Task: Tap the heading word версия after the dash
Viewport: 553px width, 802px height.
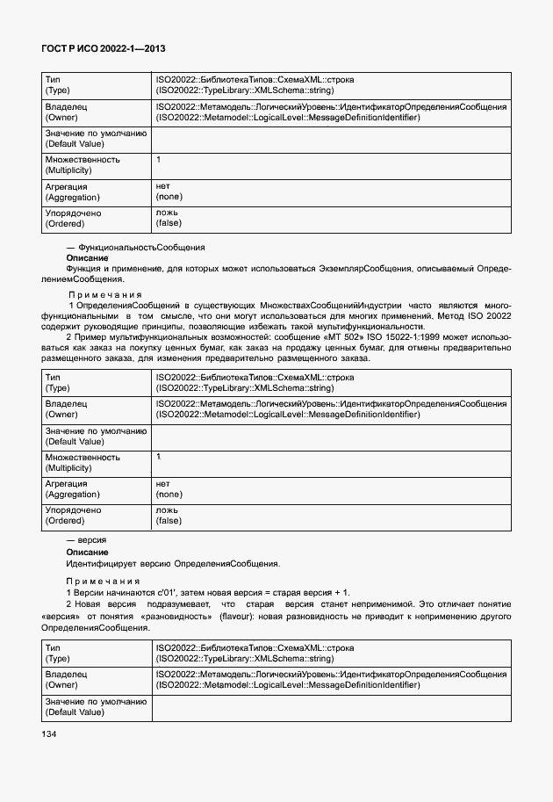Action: click(x=92, y=539)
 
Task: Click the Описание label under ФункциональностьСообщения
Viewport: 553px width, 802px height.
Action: click(x=87, y=257)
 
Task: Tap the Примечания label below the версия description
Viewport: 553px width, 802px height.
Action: click(x=104, y=582)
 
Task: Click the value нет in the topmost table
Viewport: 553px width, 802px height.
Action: click(x=162, y=187)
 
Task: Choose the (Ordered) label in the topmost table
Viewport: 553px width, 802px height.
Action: click(x=63, y=223)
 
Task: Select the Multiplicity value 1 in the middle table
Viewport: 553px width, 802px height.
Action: click(x=159, y=457)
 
